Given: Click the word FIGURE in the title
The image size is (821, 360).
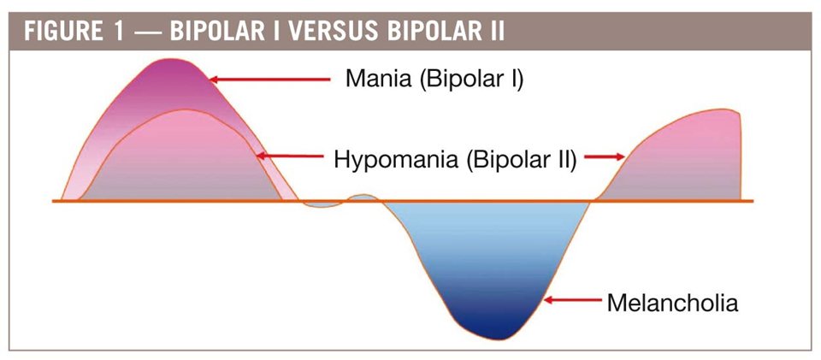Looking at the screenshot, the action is tap(63, 32).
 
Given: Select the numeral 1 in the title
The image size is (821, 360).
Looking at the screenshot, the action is tap(117, 32).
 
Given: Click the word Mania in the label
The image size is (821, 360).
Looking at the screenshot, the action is tap(379, 80).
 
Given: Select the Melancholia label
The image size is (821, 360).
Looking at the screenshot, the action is tap(672, 303).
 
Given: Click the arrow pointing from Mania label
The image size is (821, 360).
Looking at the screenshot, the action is tap(269, 80).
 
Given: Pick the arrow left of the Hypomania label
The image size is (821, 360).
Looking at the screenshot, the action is tap(290, 156).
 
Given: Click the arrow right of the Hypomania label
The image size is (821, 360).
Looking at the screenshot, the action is tap(605, 156).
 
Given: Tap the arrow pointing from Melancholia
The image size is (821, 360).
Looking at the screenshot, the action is tap(573, 300).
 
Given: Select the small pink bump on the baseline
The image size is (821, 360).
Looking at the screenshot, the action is tap(361, 198).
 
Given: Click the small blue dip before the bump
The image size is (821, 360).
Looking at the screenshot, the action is tap(321, 204).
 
